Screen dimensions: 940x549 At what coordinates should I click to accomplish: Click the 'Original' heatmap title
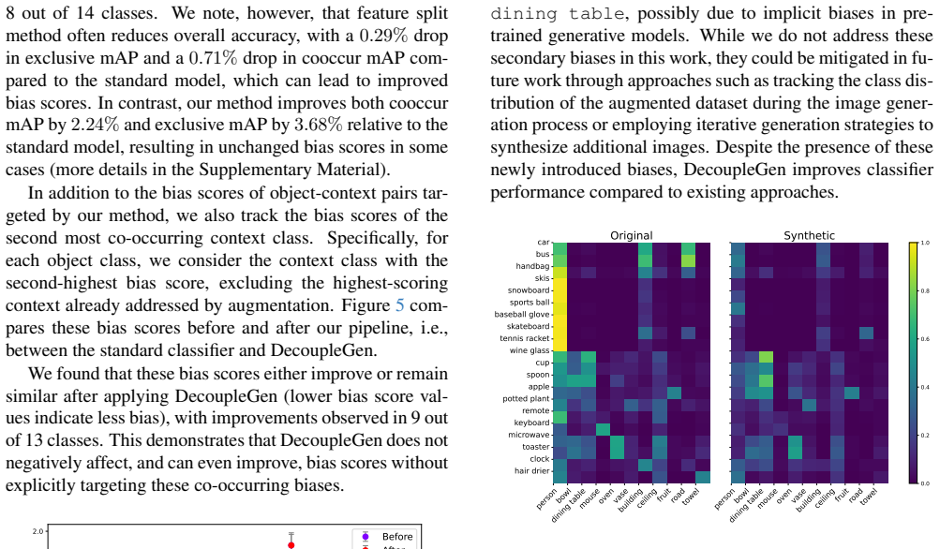(x=632, y=235)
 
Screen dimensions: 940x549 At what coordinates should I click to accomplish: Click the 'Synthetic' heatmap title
(x=809, y=235)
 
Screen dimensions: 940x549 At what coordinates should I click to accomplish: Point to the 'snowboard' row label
(x=529, y=290)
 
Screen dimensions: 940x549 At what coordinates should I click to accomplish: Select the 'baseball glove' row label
(x=522, y=314)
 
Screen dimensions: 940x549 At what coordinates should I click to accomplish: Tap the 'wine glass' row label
(x=530, y=350)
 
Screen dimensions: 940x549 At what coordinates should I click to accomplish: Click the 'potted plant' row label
(x=526, y=398)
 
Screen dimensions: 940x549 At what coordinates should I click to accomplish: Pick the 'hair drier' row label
(x=532, y=470)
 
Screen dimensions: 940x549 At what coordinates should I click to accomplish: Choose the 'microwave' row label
(x=529, y=435)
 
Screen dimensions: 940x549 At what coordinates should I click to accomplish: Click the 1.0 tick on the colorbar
(x=924, y=243)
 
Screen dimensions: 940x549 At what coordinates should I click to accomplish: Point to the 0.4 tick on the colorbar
(x=924, y=387)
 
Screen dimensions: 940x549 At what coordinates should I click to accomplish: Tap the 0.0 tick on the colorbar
(x=924, y=483)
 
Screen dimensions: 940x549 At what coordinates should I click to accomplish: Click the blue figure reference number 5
(x=400, y=305)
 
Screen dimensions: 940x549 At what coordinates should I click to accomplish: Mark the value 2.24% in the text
(x=95, y=125)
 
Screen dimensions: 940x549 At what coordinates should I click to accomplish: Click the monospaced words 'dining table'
(x=558, y=13)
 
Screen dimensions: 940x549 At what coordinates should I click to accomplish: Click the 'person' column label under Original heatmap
(x=546, y=498)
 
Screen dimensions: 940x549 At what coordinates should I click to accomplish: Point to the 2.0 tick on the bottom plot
(x=37, y=531)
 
